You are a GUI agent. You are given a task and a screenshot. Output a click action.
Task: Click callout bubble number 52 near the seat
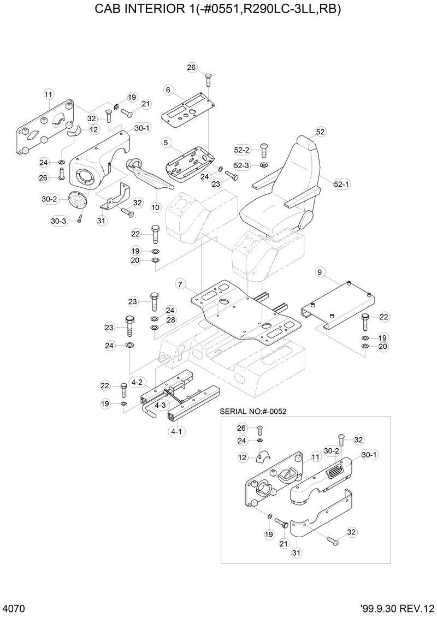[x=321, y=132]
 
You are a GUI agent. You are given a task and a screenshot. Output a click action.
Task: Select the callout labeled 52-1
[x=341, y=185]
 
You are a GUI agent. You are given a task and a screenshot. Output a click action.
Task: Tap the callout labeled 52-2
[x=241, y=150]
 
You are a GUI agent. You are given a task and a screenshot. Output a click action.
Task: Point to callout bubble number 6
[x=168, y=90]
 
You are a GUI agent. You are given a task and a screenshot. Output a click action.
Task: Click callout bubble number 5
[x=165, y=142]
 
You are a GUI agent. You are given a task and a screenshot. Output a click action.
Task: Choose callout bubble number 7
[x=180, y=284]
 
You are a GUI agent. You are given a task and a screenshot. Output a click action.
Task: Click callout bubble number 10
[x=156, y=207]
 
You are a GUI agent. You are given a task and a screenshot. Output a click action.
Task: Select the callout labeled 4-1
[x=176, y=431]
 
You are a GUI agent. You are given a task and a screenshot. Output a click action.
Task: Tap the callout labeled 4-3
[x=160, y=406]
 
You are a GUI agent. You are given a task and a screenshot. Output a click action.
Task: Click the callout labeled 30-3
[x=58, y=221]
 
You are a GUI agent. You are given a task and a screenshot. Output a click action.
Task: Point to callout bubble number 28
[x=171, y=320]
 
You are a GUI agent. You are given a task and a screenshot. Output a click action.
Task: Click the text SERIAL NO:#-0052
[x=253, y=411]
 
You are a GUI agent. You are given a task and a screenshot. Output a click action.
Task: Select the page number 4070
[x=13, y=608]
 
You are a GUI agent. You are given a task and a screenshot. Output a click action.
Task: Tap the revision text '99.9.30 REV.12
[x=398, y=608]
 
